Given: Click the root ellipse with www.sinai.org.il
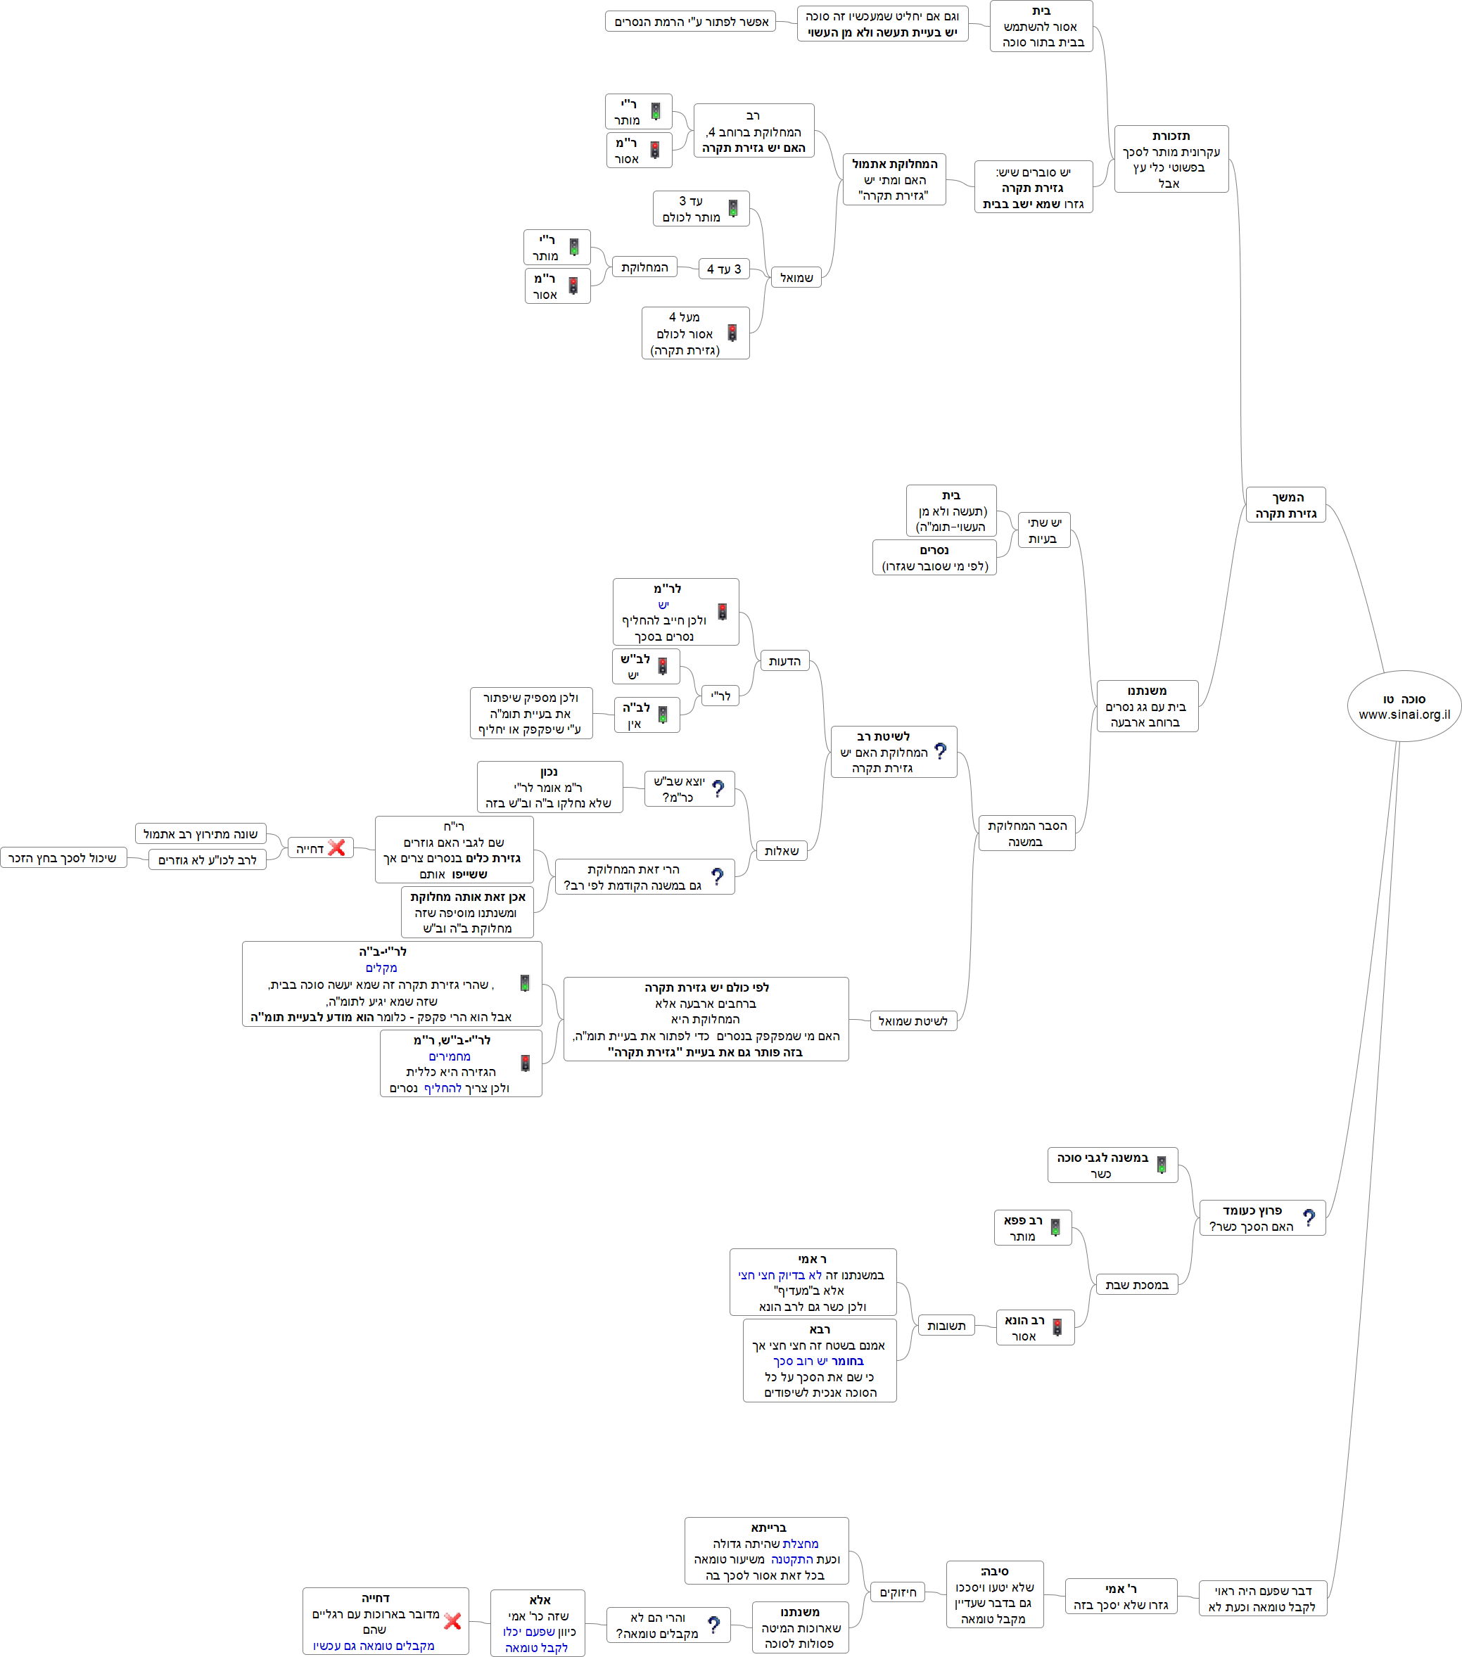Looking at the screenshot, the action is (1404, 705).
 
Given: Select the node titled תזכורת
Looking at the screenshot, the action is (1171, 159).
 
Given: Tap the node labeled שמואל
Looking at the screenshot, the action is (796, 277).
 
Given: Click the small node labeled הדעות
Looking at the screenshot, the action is (784, 660).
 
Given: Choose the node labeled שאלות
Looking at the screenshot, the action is (781, 850).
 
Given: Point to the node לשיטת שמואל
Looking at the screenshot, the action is (913, 1021).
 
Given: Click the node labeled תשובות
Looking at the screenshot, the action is (946, 1326).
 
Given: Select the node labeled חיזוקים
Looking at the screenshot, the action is (898, 1592).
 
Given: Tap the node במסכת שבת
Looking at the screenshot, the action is (1136, 1284).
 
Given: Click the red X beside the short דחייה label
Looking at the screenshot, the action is (336, 848).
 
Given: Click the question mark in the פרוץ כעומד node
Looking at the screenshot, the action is (1308, 1217).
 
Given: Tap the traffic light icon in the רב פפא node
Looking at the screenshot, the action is (1055, 1227).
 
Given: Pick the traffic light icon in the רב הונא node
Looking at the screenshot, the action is (1057, 1327).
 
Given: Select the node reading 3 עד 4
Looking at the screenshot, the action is (723, 269).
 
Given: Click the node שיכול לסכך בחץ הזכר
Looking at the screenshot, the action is (63, 857).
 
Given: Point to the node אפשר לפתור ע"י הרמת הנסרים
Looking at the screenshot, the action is (690, 21).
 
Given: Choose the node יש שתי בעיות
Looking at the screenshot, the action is (1043, 530).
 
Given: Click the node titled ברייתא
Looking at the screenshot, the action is (766, 1550).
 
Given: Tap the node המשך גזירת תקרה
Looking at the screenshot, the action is (1285, 504).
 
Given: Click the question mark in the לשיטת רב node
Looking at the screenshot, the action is (940, 751).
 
